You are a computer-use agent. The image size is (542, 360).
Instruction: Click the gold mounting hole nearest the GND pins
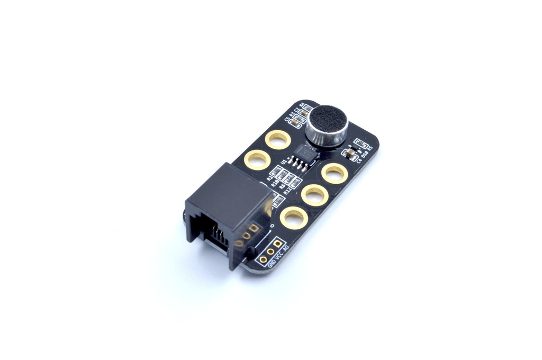pos(294,218)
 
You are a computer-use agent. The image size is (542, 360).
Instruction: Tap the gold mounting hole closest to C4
pos(334,173)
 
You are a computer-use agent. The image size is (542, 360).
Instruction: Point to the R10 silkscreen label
pos(274,183)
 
